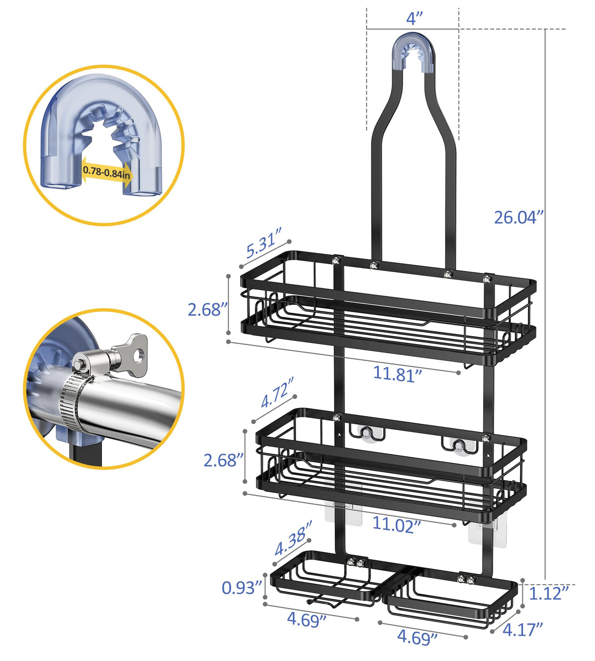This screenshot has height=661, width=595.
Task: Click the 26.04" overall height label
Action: click(x=519, y=217)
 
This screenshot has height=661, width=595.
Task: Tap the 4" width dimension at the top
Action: click(x=414, y=19)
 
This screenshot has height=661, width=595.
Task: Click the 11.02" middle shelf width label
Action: click(x=397, y=524)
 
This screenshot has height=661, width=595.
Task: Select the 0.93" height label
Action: click(x=242, y=588)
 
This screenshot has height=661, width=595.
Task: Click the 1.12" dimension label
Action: click(x=548, y=593)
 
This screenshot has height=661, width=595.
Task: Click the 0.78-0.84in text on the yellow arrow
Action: click(x=106, y=171)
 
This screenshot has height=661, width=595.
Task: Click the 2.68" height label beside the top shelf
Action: click(x=208, y=310)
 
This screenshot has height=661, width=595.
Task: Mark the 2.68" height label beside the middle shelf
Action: click(x=223, y=460)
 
